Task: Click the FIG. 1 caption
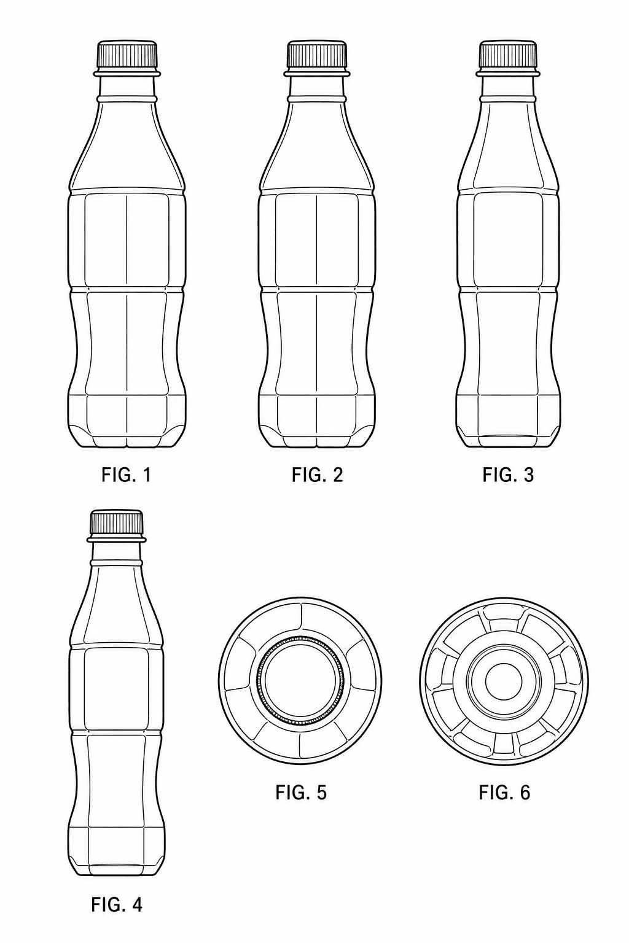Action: click(x=126, y=475)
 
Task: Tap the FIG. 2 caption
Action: click(x=317, y=475)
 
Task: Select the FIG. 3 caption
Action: click(x=508, y=475)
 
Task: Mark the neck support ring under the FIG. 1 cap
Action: click(x=127, y=74)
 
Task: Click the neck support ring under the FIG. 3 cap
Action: click(x=508, y=74)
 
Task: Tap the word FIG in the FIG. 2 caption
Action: click(x=305, y=475)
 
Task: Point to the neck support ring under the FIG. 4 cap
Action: click(x=116, y=539)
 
